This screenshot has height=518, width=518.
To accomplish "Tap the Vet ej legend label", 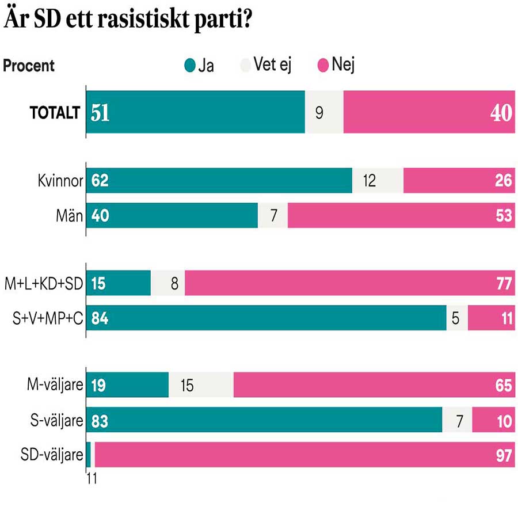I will [272, 65].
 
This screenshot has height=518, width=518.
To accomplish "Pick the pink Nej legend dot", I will [322, 66].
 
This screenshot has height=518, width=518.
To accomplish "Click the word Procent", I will [29, 66].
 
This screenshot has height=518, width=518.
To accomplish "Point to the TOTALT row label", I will [54, 113].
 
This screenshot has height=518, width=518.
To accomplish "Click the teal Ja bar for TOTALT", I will [196, 113].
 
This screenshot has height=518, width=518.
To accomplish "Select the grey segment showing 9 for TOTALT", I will [324, 113].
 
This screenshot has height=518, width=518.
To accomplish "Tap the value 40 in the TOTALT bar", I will [501, 113].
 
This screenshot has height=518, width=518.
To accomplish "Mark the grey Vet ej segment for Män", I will [273, 216].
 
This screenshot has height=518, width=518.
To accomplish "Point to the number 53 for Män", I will [502, 216].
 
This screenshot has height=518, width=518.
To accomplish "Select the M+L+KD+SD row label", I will [44, 283].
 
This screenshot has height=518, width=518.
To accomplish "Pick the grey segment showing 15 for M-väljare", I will [201, 385].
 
